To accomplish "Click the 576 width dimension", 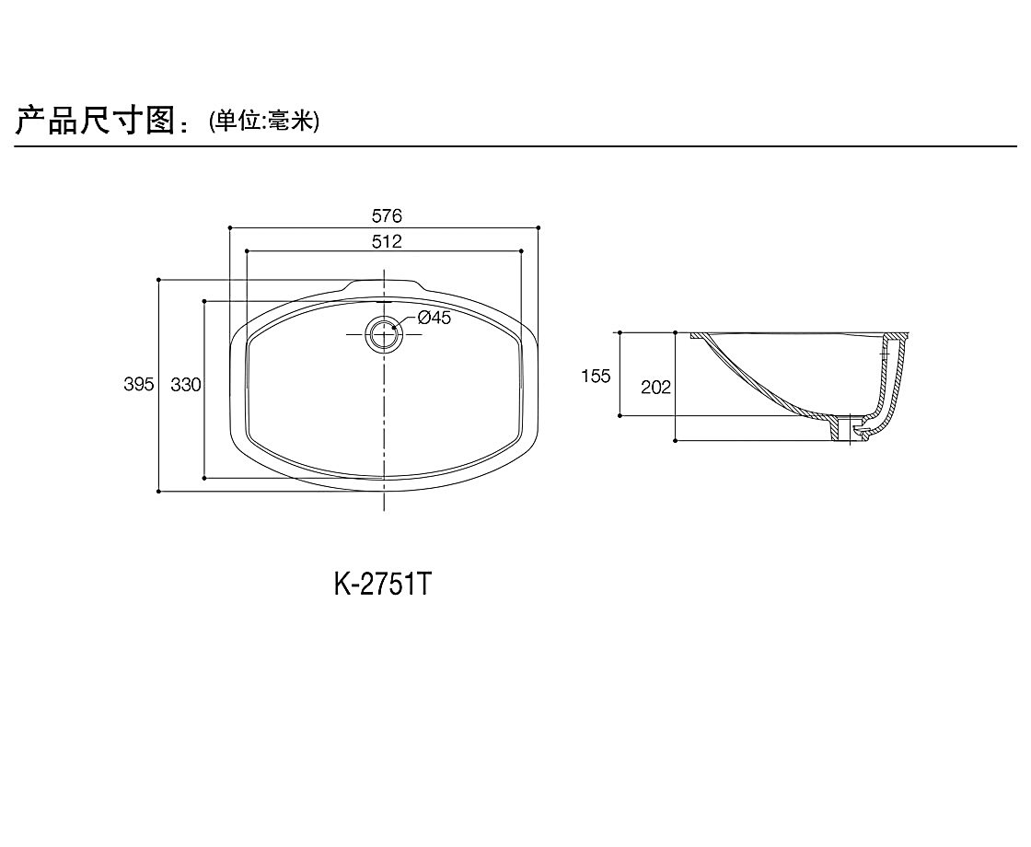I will tap(387, 216).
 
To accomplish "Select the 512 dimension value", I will tap(387, 241).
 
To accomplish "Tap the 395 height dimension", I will tap(139, 385).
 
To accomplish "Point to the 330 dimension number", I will tap(186, 385).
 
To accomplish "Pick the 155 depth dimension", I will tap(596, 376).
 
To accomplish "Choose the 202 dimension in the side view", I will tap(655, 388).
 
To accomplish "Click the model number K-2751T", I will tap(382, 584).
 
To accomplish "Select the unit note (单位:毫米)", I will tap(264, 121).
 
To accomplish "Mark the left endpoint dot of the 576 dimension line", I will tap(229, 226).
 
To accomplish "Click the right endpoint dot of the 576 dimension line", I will tap(539, 226).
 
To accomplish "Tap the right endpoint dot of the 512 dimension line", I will tap(522, 250).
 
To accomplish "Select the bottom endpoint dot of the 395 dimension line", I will tap(159, 492).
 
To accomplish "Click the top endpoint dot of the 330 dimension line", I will tap(204, 300).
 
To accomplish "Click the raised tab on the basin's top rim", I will tap(383, 284).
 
